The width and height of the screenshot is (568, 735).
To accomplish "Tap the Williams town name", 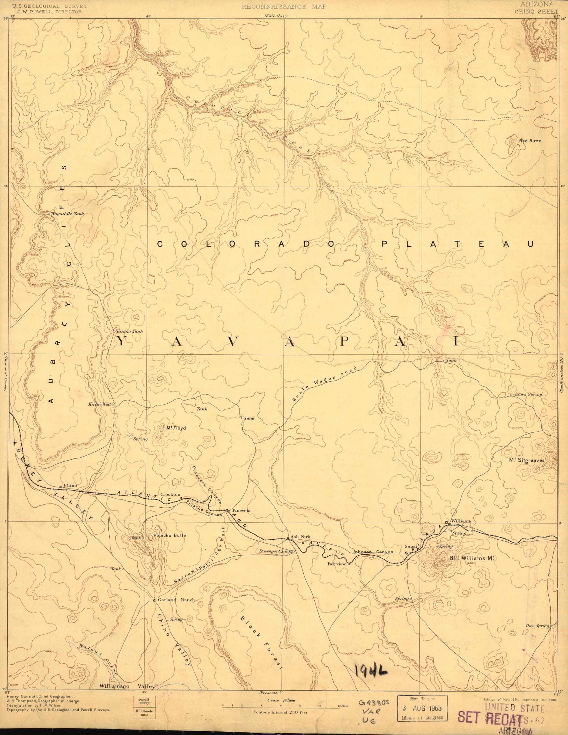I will pos(460,531).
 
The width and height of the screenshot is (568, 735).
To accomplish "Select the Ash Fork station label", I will pos(298,546).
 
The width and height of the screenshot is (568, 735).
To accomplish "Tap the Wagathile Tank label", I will pos(67,214).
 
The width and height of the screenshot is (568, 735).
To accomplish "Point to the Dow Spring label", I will pos(537,663).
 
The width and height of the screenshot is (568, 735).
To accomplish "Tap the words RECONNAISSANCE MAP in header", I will pos(284,6).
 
